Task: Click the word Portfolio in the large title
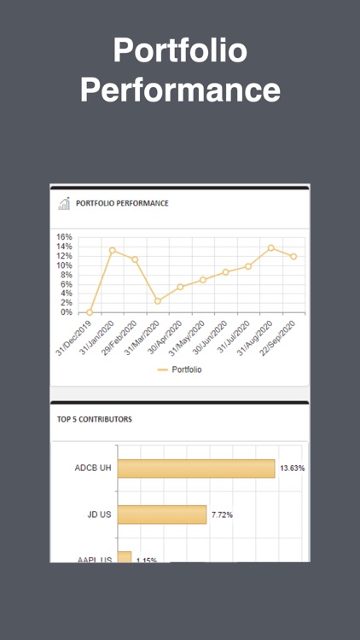coord(180,51)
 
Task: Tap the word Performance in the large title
coord(180,90)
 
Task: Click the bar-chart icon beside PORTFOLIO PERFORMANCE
coord(64,203)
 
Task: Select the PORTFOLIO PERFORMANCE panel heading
coord(122,203)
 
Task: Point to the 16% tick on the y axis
coord(64,237)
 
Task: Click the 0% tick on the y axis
coord(66,312)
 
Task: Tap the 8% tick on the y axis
coord(66,275)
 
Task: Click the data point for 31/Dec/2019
coord(90,312)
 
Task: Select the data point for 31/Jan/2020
coord(112,250)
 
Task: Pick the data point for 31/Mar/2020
coord(158,300)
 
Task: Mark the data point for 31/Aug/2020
coord(271,247)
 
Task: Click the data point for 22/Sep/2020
coord(293,256)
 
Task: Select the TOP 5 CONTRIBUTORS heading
coord(95,420)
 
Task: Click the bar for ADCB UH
coord(196,468)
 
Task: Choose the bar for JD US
coord(162,515)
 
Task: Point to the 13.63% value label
coord(292,468)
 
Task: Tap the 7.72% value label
coord(221,515)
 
